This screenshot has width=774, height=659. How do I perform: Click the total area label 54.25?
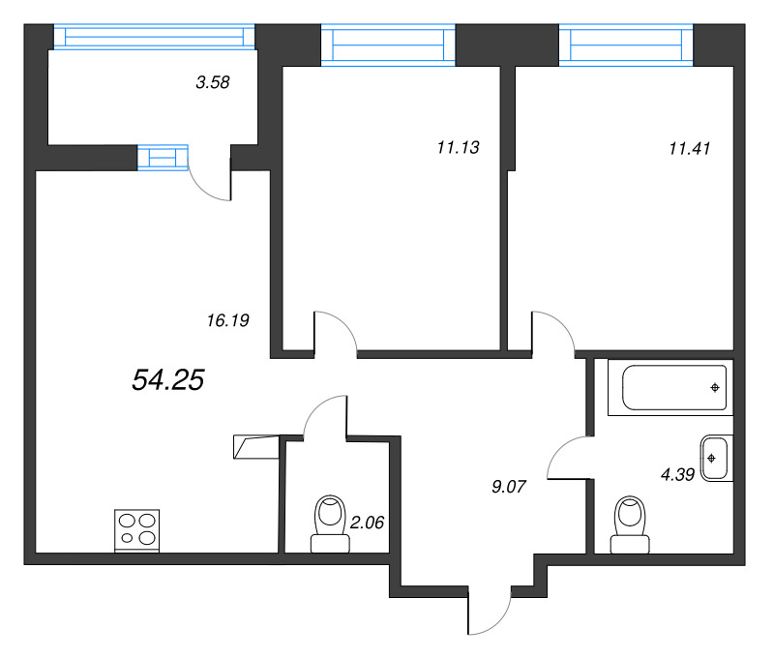166,380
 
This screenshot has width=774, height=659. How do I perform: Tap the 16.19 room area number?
229,321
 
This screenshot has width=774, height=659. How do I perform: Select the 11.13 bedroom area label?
459,148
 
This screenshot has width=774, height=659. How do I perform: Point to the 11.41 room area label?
690,148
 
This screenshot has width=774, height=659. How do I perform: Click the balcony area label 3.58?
212,83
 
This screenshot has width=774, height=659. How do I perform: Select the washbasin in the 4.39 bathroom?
715,458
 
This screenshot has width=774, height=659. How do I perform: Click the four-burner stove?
136,530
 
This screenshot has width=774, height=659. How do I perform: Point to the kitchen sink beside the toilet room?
255,445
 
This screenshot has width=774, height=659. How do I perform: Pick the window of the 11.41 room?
627,44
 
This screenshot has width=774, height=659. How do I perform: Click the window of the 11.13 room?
387,44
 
